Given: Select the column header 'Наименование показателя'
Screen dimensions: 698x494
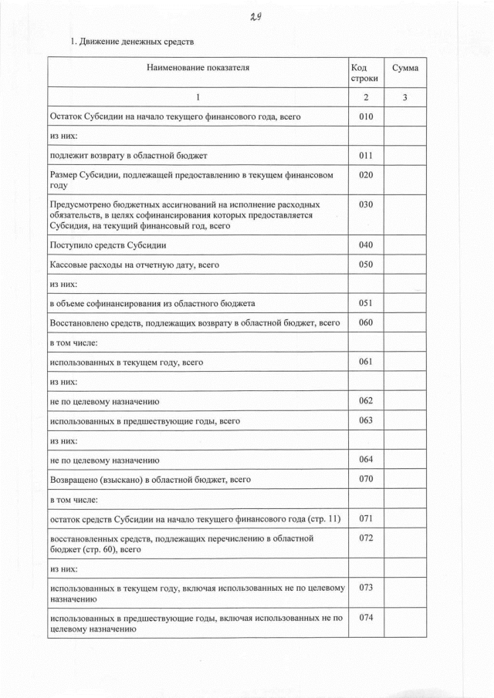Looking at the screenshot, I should (198, 68).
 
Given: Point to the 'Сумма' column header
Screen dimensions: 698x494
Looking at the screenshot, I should (404, 68).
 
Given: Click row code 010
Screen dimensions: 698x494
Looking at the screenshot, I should (366, 116).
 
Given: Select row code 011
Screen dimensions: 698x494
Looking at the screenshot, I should (366, 155).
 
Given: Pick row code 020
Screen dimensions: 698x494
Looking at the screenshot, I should (366, 175).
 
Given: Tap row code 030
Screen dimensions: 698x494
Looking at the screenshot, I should (366, 204).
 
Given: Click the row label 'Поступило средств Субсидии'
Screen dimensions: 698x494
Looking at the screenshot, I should (108, 245).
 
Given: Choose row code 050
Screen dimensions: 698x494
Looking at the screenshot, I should (366, 265).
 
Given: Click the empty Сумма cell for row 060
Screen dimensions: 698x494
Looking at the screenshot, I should (404, 322).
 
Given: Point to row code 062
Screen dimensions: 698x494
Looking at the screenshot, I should (366, 400).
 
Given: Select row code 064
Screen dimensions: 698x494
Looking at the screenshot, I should (366, 460).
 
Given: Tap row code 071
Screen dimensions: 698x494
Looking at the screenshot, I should (366, 518).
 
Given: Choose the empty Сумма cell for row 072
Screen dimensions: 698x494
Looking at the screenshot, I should (404, 544).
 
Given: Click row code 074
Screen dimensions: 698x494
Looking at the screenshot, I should (366, 619).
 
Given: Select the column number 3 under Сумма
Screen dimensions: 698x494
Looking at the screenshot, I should (404, 98).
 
